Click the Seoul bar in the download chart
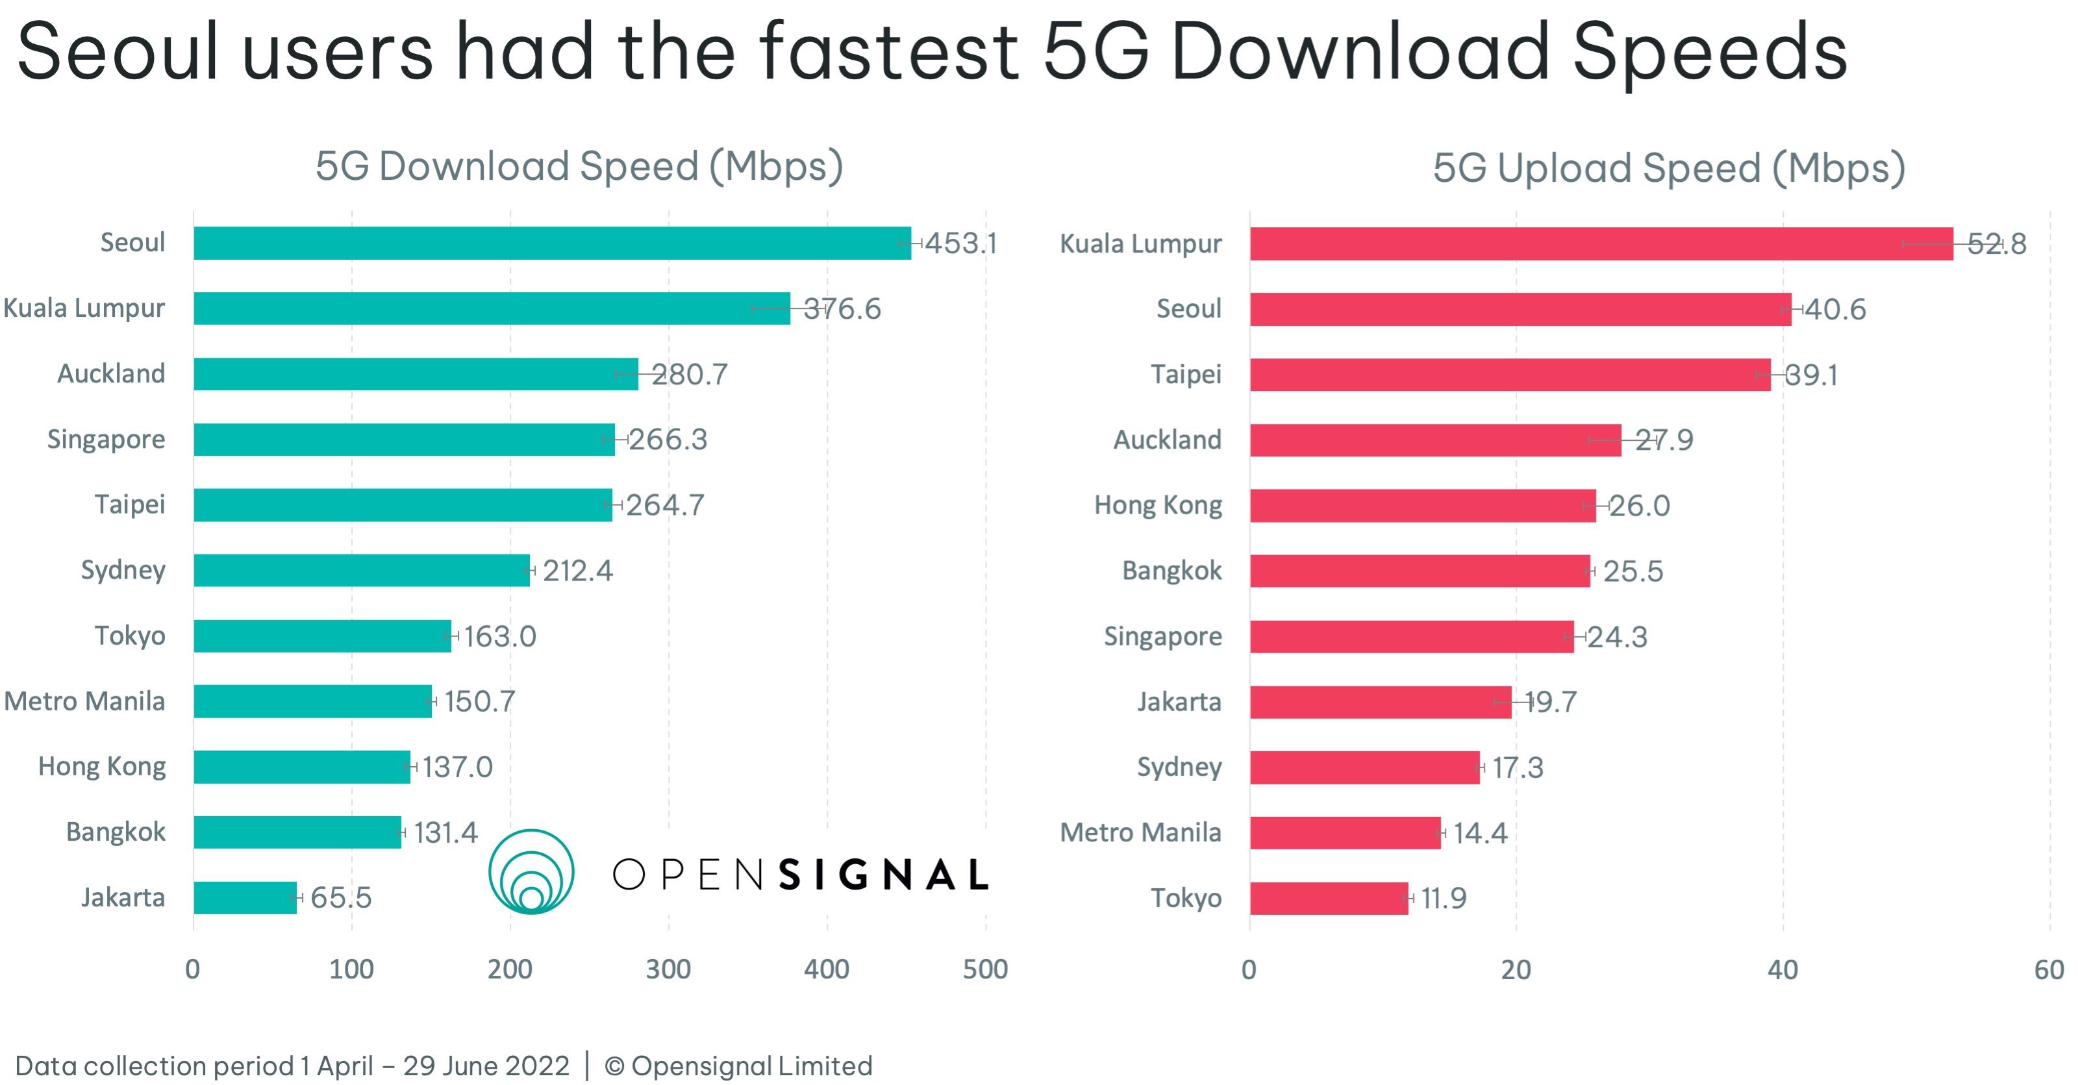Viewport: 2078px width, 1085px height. click(x=552, y=243)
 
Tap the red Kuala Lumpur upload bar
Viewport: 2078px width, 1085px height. click(x=1601, y=243)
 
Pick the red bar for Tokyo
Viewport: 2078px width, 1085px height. click(x=1329, y=899)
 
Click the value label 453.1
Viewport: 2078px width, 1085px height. click(x=961, y=243)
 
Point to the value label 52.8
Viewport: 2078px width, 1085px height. click(x=1997, y=243)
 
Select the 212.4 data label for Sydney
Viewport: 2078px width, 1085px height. click(x=577, y=570)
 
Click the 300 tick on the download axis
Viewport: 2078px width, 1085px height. click(x=668, y=969)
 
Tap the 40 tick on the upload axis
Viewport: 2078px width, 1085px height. click(x=1783, y=969)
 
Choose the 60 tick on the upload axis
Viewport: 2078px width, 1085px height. click(x=2049, y=969)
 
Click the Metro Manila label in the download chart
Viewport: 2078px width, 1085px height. click(x=84, y=701)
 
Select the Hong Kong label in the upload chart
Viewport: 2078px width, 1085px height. click(x=1158, y=505)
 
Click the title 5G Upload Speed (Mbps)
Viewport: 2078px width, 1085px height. click(x=1668, y=168)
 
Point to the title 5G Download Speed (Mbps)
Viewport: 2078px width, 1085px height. click(x=579, y=166)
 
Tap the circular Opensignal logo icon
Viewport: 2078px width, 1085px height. click(x=531, y=872)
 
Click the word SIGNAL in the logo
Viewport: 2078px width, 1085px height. click(x=884, y=875)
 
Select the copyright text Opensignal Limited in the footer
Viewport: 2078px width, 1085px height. click(x=751, y=1066)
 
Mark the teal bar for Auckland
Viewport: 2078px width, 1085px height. click(x=416, y=374)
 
